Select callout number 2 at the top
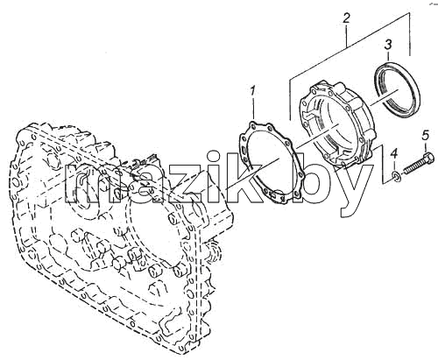coord(346,18)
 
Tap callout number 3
coord(388,46)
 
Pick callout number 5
coord(426,135)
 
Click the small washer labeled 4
coord(397,176)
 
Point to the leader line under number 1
coord(253,107)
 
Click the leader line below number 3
coord(388,56)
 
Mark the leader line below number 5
coord(427,145)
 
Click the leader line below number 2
coord(347,35)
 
